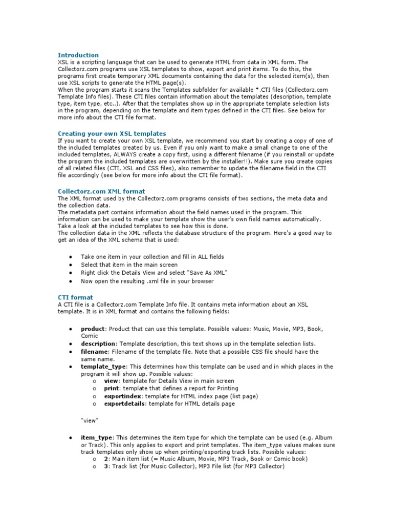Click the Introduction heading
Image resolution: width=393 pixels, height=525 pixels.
pos(78,55)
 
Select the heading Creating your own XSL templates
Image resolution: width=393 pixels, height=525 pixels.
pos(112,133)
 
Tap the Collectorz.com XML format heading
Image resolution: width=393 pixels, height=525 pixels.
pos(101,191)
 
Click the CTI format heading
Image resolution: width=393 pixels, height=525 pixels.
pos(75,297)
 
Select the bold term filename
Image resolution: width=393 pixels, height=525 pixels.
pos(94,352)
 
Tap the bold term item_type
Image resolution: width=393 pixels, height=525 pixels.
pos(96,437)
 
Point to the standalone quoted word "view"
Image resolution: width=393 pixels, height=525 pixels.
pos(90,420)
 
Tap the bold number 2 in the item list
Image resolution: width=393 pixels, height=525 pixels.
pos(106,459)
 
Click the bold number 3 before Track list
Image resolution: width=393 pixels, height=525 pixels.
pos(106,467)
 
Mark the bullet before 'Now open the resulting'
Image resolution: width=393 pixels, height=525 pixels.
pos(70,281)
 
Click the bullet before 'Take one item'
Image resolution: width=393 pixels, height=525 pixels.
pos(70,257)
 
